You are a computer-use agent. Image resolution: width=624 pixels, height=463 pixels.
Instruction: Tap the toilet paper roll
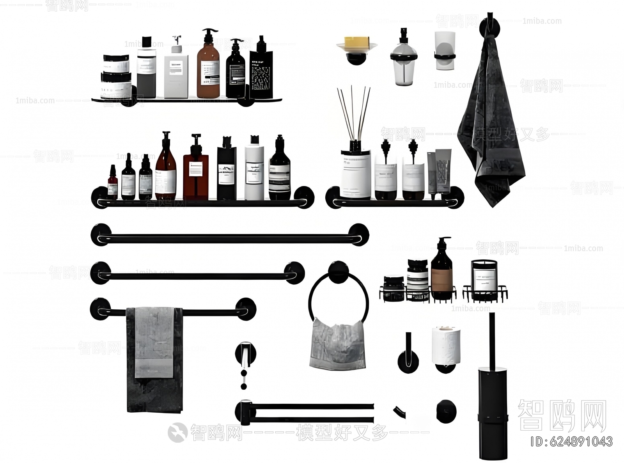[x=446, y=345]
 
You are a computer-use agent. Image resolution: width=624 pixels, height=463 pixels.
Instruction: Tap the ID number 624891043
[x=572, y=441]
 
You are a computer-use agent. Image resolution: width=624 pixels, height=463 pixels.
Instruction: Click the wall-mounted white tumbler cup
[x=445, y=51]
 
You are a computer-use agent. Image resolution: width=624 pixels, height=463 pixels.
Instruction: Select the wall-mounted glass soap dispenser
[x=404, y=59]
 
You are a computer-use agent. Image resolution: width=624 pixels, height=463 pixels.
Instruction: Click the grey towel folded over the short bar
[x=154, y=359]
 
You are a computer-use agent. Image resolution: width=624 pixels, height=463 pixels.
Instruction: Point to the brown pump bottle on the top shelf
[x=208, y=68]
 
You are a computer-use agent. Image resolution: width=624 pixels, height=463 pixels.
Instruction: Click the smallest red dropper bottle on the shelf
[x=112, y=183]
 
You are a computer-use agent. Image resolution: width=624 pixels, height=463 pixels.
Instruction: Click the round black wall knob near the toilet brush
[x=446, y=411]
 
